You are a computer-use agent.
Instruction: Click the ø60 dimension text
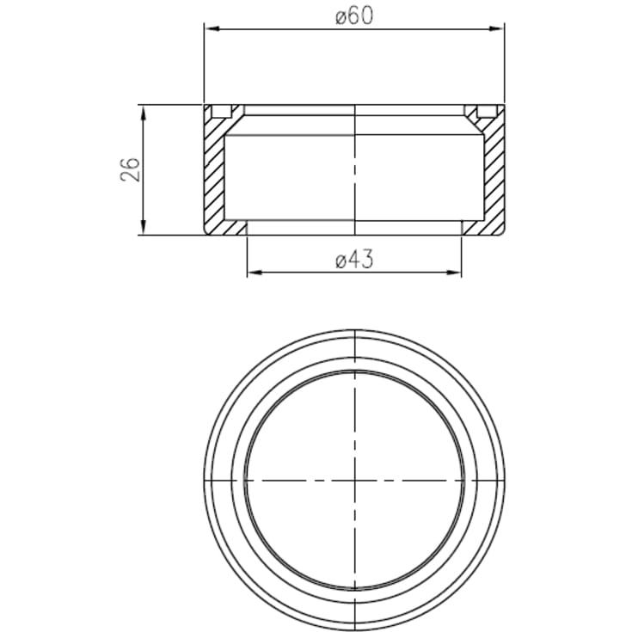coord(354,16)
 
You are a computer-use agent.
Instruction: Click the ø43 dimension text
coord(354,260)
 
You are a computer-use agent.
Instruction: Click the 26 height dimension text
coord(130,169)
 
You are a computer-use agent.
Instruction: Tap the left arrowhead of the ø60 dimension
coord(212,28)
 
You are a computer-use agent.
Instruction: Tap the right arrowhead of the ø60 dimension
coord(497,28)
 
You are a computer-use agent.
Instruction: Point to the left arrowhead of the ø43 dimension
coord(255,273)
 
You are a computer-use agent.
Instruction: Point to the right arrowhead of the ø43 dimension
coord(454,273)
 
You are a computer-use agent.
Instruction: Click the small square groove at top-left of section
coord(222,111)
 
